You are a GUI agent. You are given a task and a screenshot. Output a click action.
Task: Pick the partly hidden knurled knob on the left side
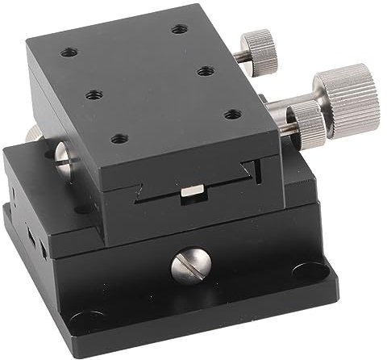(x=35, y=133)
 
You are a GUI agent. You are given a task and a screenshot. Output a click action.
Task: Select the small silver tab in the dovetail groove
(x=192, y=190)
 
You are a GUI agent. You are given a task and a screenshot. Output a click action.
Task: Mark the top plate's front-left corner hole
(x=121, y=138)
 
